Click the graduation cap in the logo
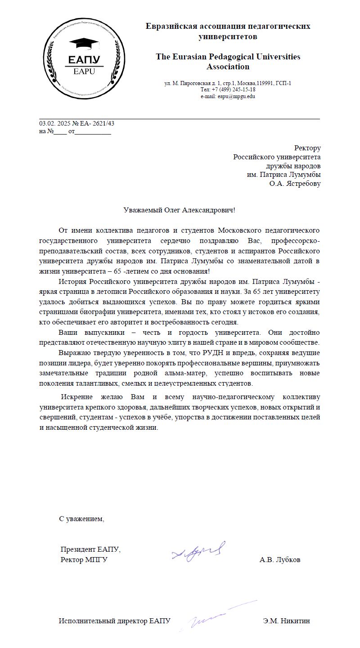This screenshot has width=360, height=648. click(x=84, y=44)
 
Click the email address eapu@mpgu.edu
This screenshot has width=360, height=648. click(x=236, y=96)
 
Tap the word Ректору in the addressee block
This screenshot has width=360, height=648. click(x=307, y=148)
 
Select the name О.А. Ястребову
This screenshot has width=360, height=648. click(x=295, y=184)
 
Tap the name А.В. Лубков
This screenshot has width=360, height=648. click(x=280, y=560)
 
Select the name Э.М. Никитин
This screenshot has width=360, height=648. click(x=287, y=621)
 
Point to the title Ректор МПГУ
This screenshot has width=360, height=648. click(x=84, y=560)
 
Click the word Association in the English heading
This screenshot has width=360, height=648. click(x=228, y=67)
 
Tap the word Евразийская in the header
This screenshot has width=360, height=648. click(x=171, y=26)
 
